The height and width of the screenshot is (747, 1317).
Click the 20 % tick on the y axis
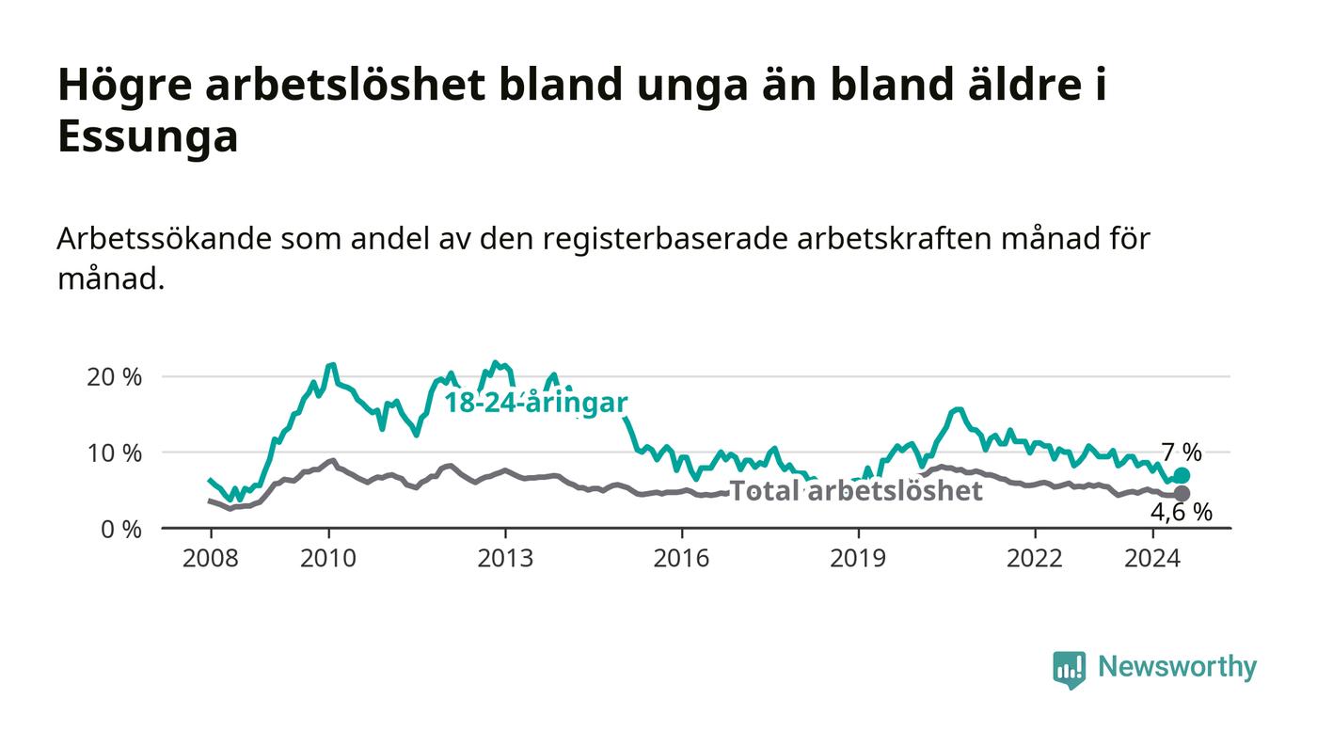[x=114, y=377]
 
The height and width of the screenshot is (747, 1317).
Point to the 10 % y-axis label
[x=114, y=453]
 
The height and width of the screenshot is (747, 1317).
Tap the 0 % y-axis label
[x=121, y=530]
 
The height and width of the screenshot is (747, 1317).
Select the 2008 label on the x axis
[x=211, y=558]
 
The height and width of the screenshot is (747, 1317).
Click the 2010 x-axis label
[x=328, y=558]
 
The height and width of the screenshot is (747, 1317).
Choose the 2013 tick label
[x=505, y=558]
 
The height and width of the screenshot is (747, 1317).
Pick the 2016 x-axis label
[x=681, y=558]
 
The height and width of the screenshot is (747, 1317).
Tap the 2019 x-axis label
[x=858, y=558]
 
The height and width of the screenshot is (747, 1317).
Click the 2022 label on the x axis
[x=1035, y=558]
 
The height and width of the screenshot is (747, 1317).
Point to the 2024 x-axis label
[x=1152, y=558]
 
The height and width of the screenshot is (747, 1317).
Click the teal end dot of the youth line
[x=1182, y=475]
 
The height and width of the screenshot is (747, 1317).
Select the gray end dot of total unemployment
[x=1182, y=494]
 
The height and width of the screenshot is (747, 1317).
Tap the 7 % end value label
[x=1182, y=453]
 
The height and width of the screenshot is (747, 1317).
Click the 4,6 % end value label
[x=1182, y=513]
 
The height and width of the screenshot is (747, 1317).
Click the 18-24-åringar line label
[x=535, y=404]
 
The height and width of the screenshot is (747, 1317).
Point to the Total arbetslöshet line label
[x=856, y=490]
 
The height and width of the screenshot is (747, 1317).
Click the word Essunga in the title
[x=148, y=136]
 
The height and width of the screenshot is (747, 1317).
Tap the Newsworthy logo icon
[x=1069, y=669]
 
